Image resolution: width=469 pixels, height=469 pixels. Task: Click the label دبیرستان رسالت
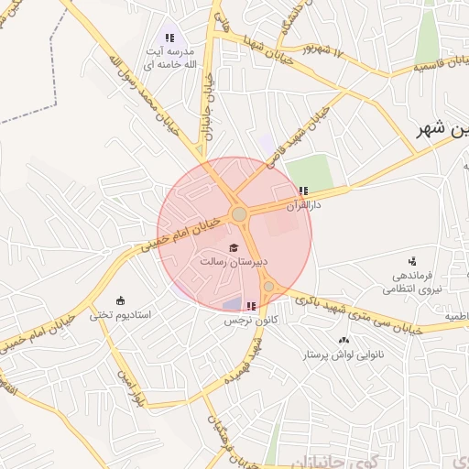[x=234, y=262]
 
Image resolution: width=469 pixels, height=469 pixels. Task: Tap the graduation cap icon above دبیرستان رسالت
[x=234, y=248]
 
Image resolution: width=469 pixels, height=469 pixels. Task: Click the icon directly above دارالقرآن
[x=303, y=191]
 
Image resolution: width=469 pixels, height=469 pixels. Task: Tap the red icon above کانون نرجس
[x=251, y=307]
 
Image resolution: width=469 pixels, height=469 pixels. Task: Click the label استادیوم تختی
[x=125, y=314]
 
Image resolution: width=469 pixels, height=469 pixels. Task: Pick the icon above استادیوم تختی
[x=120, y=300]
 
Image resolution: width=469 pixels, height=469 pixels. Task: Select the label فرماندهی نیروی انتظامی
[x=418, y=281]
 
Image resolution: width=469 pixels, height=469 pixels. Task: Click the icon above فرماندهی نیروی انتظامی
[x=412, y=261]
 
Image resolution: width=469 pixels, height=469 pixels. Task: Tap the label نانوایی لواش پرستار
[x=344, y=354]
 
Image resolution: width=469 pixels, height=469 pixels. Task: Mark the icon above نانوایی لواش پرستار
[x=344, y=340]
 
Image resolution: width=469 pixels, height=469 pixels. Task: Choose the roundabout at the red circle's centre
[x=239, y=213]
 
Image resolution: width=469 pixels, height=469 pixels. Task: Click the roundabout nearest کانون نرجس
[x=268, y=287]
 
